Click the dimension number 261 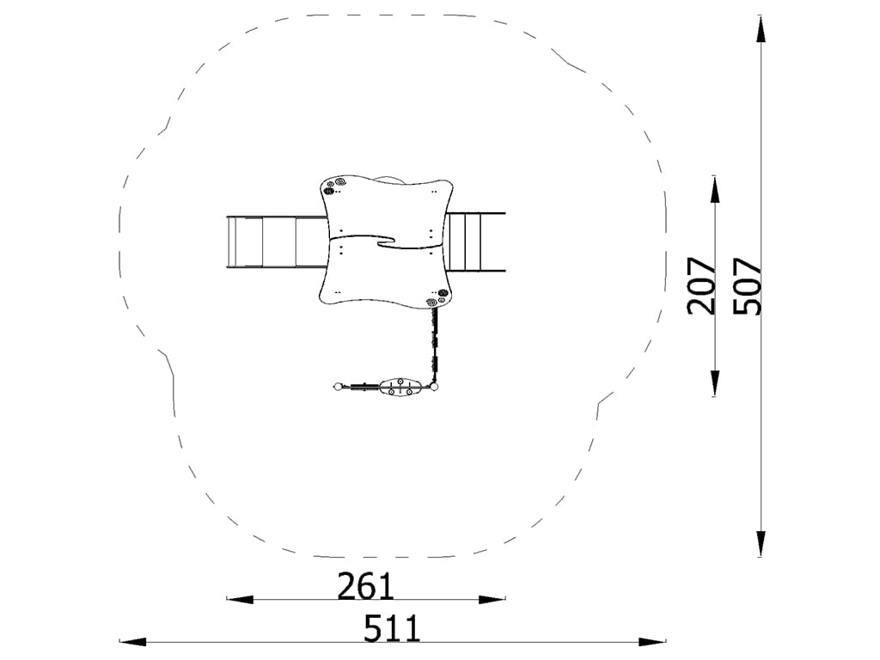tap(365, 586)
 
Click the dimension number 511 tap(392, 628)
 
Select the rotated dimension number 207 tap(701, 285)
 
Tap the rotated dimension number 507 tap(748, 285)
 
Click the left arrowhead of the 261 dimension tap(240, 599)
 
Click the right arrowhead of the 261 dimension tap(492, 599)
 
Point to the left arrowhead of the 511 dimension tap(133, 641)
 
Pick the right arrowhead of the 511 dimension tap(652, 641)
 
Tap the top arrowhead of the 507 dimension tap(761, 29)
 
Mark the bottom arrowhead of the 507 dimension tap(761, 542)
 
